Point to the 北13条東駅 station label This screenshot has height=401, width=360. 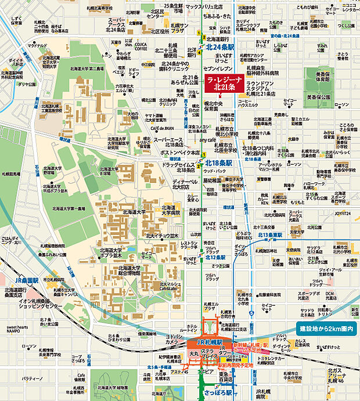click(269, 235)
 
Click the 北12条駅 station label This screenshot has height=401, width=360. click(214, 258)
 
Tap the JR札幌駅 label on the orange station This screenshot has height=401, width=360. click(208, 343)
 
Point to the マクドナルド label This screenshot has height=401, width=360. click(37, 45)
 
